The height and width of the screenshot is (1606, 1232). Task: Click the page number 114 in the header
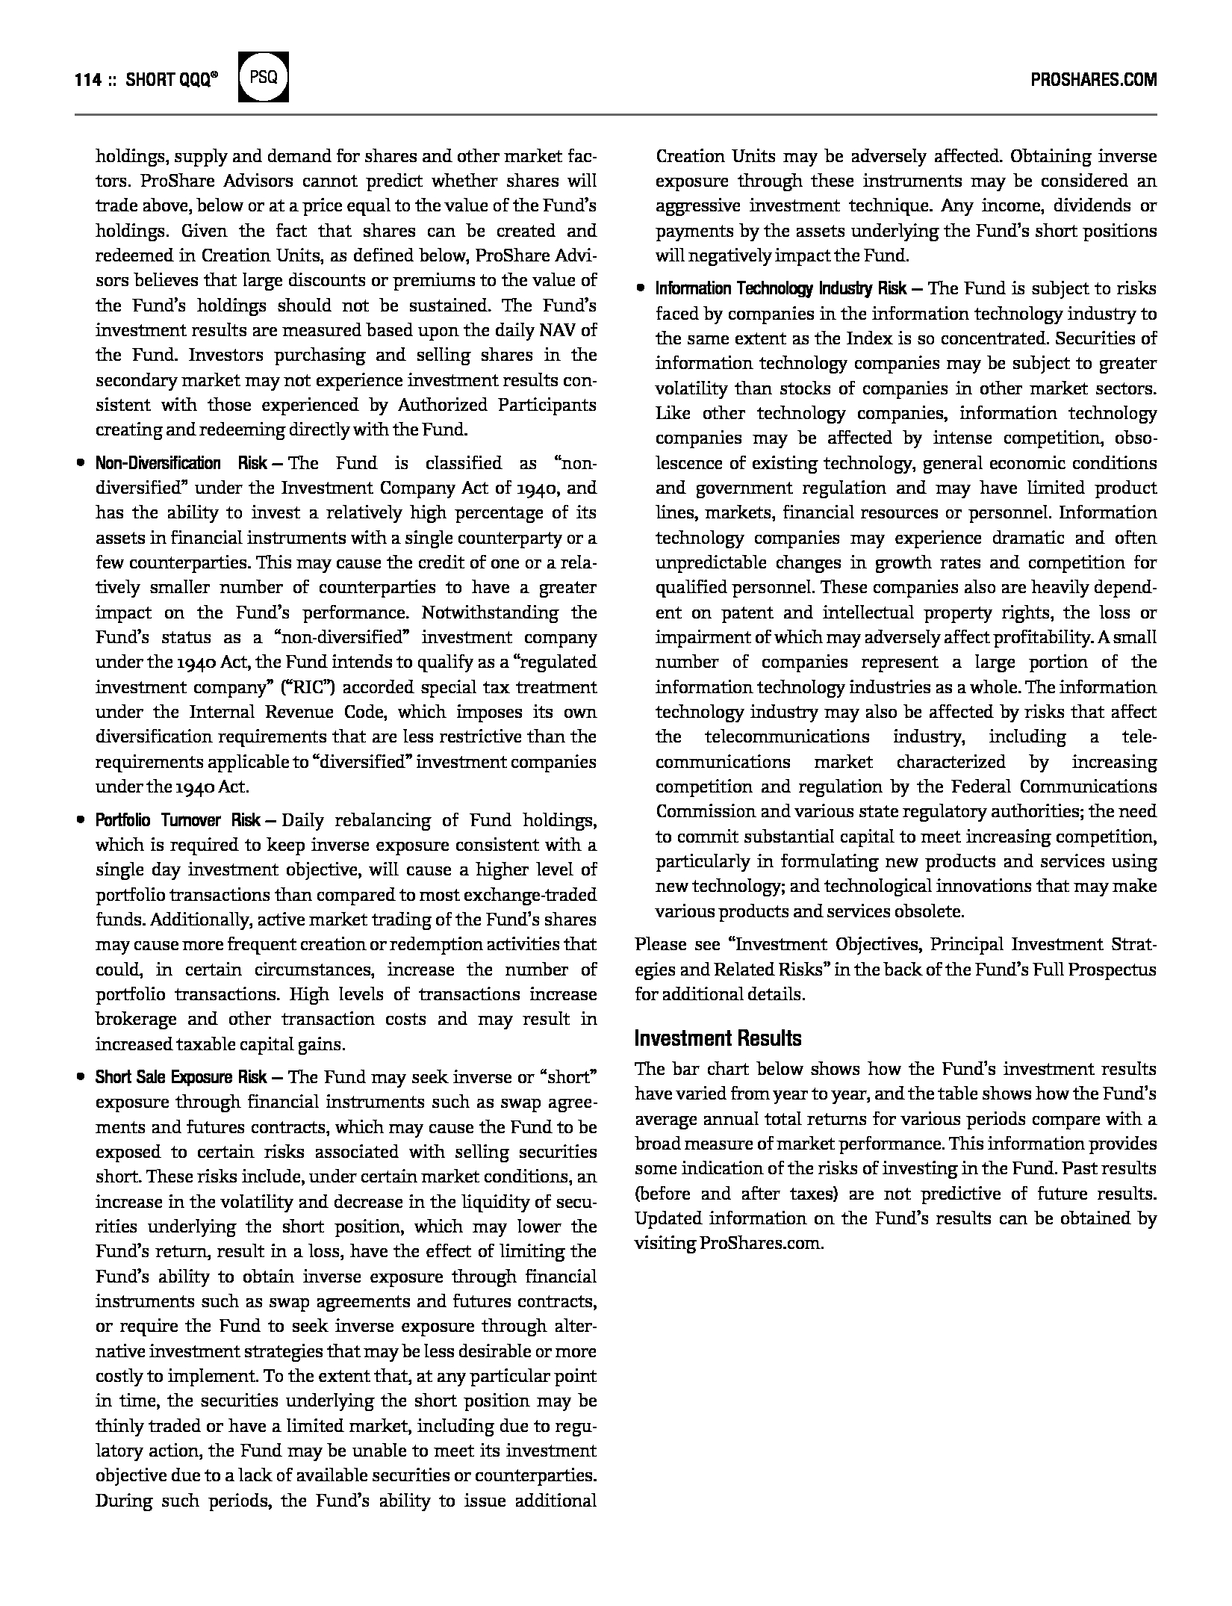[87, 81]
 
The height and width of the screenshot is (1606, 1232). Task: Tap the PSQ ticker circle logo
[263, 78]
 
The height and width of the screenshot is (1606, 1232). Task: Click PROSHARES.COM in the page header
[1093, 81]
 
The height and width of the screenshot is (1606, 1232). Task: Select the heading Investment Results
[718, 1038]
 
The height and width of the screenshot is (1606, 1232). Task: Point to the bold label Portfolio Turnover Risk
[178, 820]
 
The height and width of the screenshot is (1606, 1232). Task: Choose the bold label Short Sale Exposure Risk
[181, 1077]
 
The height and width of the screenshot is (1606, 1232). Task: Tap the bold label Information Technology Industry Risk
[781, 289]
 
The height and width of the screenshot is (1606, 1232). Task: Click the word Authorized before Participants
[442, 405]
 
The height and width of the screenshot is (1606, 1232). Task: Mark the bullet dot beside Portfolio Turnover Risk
[80, 820]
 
